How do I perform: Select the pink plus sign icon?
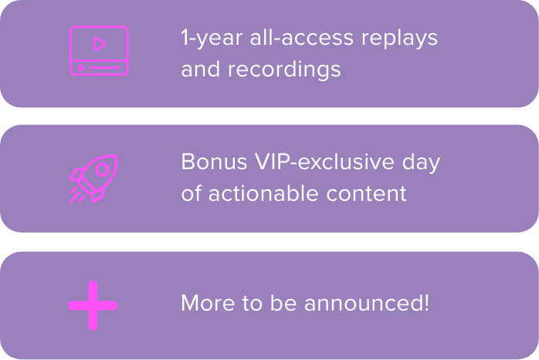click(93, 305)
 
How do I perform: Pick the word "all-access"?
click(301, 37)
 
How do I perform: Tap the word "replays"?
click(399, 39)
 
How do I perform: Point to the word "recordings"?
click(284, 70)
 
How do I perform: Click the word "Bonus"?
click(214, 161)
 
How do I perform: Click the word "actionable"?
click(263, 193)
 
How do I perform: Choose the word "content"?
click(366, 194)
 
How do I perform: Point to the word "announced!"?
click(367, 303)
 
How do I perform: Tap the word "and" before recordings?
click(201, 69)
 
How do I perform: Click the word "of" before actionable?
click(191, 193)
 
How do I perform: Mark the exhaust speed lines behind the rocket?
click(77, 195)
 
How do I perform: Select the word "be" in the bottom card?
click(283, 303)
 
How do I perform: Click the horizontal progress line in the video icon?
click(105, 68)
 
